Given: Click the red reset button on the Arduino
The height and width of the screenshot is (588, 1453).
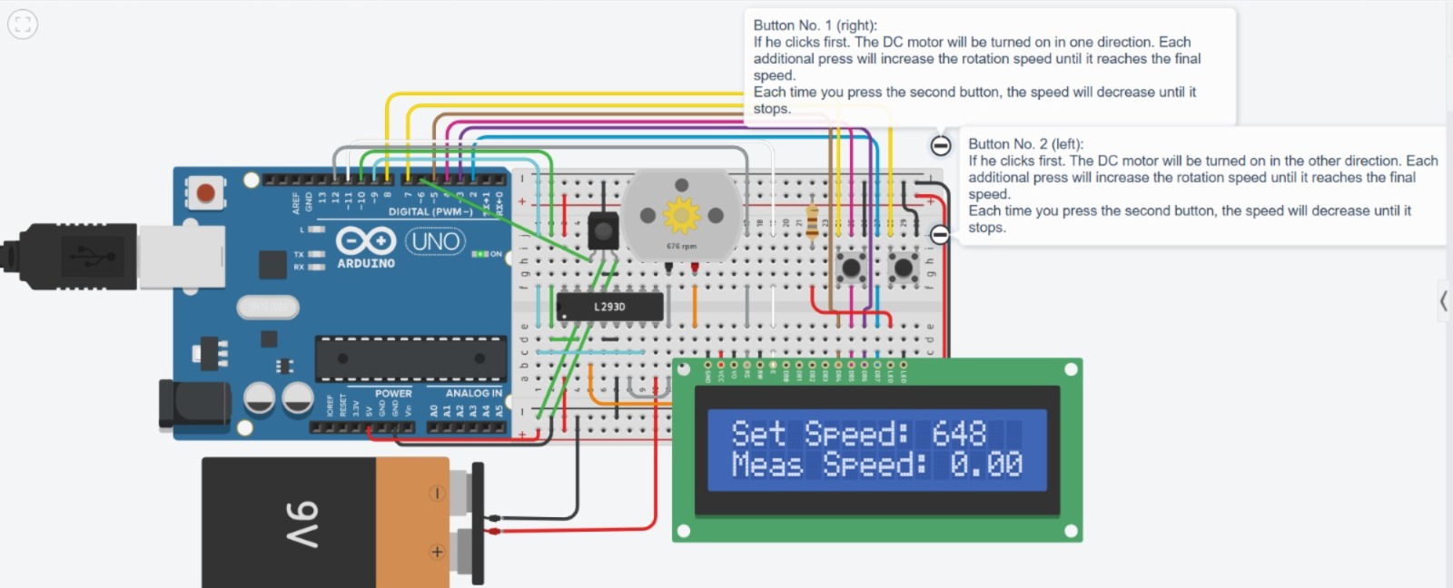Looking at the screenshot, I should [206, 192].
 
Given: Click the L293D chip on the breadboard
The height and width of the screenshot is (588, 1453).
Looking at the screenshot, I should [609, 307].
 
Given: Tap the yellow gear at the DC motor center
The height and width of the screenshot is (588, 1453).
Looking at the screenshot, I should [681, 215].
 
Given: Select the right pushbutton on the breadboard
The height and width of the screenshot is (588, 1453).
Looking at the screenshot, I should [903, 267].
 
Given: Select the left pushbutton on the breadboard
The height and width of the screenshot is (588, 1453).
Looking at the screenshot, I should [851, 267].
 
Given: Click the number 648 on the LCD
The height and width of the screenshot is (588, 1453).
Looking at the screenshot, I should [958, 434].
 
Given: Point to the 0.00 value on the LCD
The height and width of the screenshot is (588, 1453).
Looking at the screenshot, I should [985, 465].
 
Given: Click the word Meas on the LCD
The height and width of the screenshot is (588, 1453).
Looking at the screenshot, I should [767, 465].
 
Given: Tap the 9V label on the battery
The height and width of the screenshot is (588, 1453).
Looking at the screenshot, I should [302, 524].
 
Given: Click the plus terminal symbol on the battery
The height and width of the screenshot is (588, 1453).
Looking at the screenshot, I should [437, 552].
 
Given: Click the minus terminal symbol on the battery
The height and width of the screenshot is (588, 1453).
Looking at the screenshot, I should [437, 494].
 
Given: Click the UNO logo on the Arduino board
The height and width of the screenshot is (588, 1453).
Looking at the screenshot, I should [435, 241].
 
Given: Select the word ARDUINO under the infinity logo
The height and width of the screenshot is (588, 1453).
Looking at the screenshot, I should [366, 263].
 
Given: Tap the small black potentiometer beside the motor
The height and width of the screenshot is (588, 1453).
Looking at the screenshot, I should [602, 230].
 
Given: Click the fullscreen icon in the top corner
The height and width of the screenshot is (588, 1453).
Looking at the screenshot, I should [23, 24].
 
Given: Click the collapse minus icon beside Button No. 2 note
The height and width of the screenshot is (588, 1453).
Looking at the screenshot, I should [940, 235].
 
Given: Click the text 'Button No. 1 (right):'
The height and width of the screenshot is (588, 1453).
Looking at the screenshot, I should [815, 25].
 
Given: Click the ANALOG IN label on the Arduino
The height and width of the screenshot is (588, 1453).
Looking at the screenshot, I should [473, 393].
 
